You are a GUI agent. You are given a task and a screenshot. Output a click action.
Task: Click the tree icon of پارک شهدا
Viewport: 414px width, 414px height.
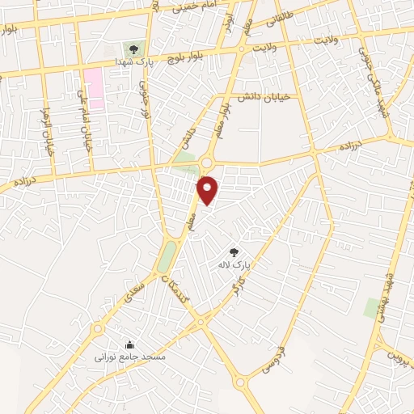click(133, 49)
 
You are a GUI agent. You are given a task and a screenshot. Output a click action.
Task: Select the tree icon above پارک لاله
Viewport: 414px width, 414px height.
click(234, 252)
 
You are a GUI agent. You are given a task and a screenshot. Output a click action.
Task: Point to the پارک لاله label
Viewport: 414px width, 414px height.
click(235, 264)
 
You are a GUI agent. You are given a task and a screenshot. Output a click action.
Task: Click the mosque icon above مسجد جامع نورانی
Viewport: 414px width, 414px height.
click(130, 344)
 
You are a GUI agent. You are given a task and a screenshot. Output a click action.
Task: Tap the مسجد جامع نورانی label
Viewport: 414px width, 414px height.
click(129, 357)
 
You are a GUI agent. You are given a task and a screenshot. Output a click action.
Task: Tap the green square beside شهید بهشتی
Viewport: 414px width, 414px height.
click(372, 307)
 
